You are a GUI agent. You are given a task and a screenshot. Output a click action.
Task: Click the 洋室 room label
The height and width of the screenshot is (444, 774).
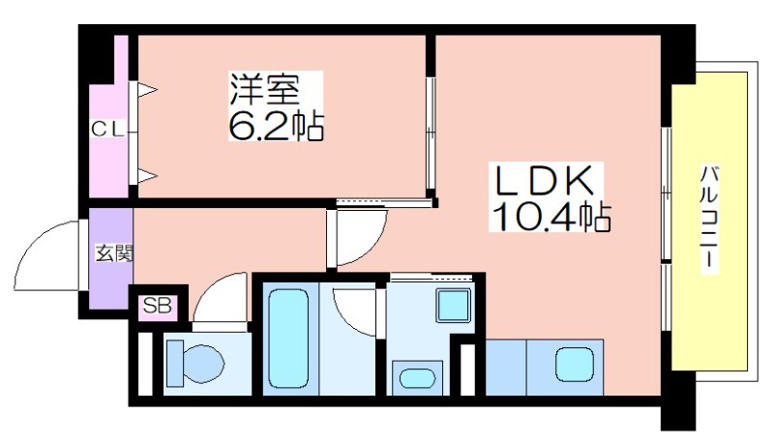264,90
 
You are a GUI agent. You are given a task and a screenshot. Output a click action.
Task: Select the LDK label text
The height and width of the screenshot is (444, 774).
544,181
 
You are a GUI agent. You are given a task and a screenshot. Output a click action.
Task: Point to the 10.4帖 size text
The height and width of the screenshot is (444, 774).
551,216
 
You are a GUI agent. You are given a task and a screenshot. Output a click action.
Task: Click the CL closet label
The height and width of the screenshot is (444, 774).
107,130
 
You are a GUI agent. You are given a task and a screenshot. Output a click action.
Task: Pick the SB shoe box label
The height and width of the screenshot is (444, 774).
158,307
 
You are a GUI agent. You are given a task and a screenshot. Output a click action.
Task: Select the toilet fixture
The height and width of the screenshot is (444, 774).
194,364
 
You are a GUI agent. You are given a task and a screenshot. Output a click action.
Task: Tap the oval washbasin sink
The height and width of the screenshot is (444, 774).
417,378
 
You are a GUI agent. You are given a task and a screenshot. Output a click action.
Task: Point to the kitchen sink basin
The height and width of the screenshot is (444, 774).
574,365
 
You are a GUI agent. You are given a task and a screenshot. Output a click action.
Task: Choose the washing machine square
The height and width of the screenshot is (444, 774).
453,306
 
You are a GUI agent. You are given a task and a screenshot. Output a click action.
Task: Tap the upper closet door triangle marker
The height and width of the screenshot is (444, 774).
147,90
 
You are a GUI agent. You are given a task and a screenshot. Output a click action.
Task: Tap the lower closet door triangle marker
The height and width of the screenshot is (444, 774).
147,175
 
